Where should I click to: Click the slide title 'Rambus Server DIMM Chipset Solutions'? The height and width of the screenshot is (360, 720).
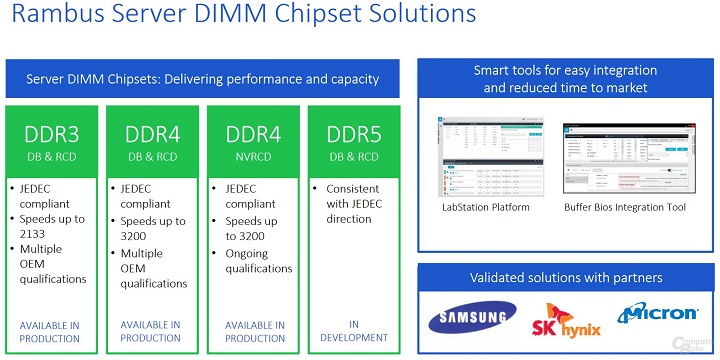240,17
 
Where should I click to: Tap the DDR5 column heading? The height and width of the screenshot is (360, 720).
354,134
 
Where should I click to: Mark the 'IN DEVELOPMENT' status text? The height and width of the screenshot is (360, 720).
354,331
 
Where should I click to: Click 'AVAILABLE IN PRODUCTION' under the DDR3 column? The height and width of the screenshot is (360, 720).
50,331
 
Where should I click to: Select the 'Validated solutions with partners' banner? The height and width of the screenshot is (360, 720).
564,277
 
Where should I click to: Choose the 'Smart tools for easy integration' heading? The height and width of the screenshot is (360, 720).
564,80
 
